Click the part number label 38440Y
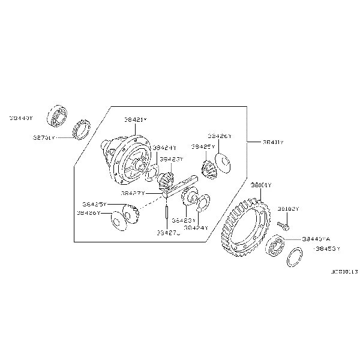[21, 119]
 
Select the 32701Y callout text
[44, 137]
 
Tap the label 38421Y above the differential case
[135, 120]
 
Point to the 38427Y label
[133, 193]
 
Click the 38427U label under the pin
[169, 232]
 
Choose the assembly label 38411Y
[273, 142]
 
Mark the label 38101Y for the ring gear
[262, 185]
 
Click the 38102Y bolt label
[288, 209]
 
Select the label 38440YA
[316, 238]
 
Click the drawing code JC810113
[341, 272]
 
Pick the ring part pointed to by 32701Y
[81, 128]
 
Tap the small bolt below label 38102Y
[285, 226]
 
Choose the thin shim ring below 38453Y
[293, 257]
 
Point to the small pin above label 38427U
[164, 212]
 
